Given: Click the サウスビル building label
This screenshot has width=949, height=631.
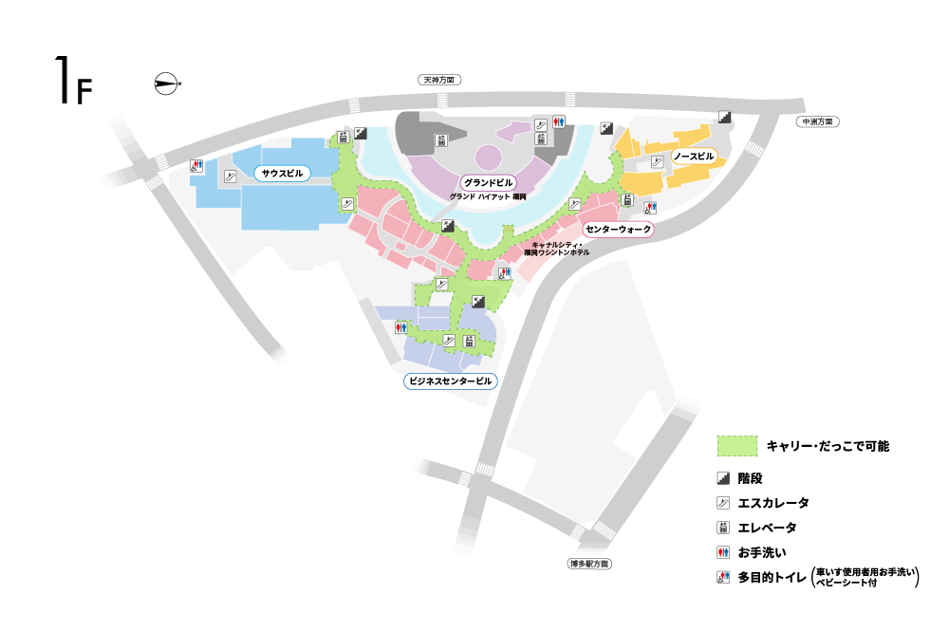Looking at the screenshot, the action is click(282, 174).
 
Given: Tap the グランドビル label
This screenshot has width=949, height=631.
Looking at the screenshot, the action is click(489, 183).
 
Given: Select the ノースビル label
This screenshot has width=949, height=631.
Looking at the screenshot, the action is click(694, 157).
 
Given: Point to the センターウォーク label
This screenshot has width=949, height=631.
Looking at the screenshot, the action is click(618, 230).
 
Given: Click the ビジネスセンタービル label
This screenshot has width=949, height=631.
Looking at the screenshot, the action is click(450, 381).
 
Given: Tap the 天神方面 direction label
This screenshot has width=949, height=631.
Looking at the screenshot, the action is click(439, 80).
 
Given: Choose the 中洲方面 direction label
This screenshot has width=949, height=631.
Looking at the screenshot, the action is click(818, 121).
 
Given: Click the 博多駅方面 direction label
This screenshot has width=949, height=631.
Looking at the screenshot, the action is click(590, 564).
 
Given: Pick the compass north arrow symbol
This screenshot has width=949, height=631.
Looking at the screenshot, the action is click(167, 84).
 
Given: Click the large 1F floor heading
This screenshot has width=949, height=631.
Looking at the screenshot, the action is click(74, 81).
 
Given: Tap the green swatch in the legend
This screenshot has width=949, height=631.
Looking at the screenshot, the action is click(737, 446).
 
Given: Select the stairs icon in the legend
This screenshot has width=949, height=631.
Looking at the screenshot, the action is click(723, 478).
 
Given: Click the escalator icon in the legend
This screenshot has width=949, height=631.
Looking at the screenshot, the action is click(723, 503).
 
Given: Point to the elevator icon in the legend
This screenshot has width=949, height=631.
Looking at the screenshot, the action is click(723, 528).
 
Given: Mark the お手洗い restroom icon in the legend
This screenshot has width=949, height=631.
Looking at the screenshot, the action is click(723, 552).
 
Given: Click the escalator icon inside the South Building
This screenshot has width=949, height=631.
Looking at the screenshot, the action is click(230, 176).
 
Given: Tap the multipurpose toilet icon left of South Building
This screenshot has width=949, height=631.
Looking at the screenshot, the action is click(196, 165).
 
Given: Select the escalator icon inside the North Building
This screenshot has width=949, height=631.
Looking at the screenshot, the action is click(658, 161).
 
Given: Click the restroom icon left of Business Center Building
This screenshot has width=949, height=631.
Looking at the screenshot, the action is click(400, 327).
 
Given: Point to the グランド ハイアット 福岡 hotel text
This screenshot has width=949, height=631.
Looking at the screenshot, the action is click(488, 196).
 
